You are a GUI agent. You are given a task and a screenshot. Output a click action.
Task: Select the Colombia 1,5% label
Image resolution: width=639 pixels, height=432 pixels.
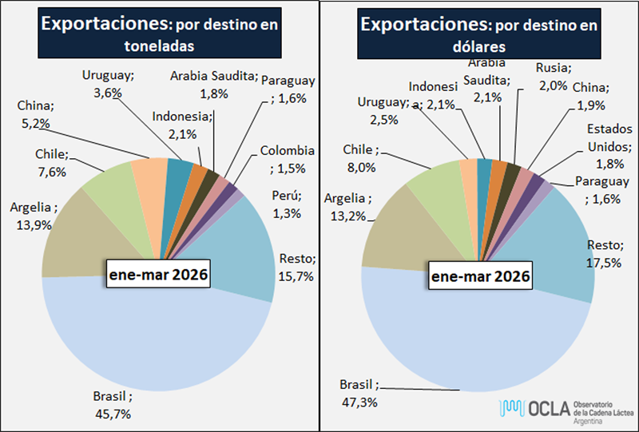coord(285,159)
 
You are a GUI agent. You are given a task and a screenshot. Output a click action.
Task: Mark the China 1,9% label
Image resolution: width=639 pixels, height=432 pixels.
coord(592,96)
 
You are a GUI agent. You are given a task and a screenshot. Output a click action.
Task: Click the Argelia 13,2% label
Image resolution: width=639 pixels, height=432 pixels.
coord(347,206)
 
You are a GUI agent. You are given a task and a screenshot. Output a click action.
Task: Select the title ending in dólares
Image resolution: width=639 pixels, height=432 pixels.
coord(478,34)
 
